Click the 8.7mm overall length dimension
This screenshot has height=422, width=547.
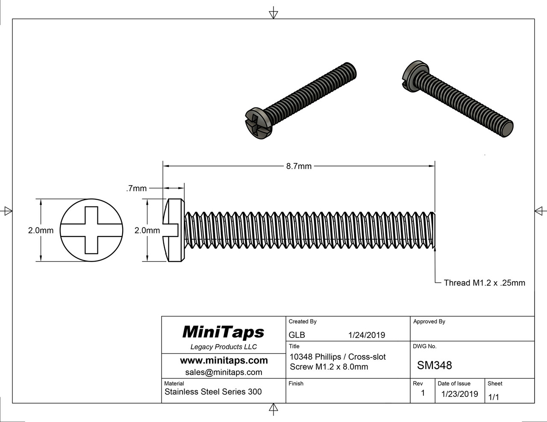point(299,166)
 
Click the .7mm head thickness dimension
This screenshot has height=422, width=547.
point(136,188)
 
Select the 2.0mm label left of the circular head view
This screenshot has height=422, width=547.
point(41,230)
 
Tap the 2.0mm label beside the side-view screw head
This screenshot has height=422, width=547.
point(147,230)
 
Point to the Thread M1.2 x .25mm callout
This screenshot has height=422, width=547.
point(484,282)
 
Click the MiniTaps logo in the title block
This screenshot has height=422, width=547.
point(223,332)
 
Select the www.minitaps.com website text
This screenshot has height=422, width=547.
point(224,360)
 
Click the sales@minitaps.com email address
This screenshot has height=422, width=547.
point(224,372)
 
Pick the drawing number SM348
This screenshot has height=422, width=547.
point(434,365)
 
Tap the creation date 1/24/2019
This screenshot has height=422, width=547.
point(367,335)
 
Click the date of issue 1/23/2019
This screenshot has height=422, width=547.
point(459,394)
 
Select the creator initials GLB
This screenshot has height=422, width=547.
point(297,335)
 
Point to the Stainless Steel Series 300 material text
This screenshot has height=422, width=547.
point(213,392)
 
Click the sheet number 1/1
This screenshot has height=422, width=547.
point(493,397)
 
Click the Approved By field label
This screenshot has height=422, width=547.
point(429,321)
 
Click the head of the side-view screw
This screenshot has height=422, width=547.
point(175,230)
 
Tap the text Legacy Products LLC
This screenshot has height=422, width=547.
point(224,347)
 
